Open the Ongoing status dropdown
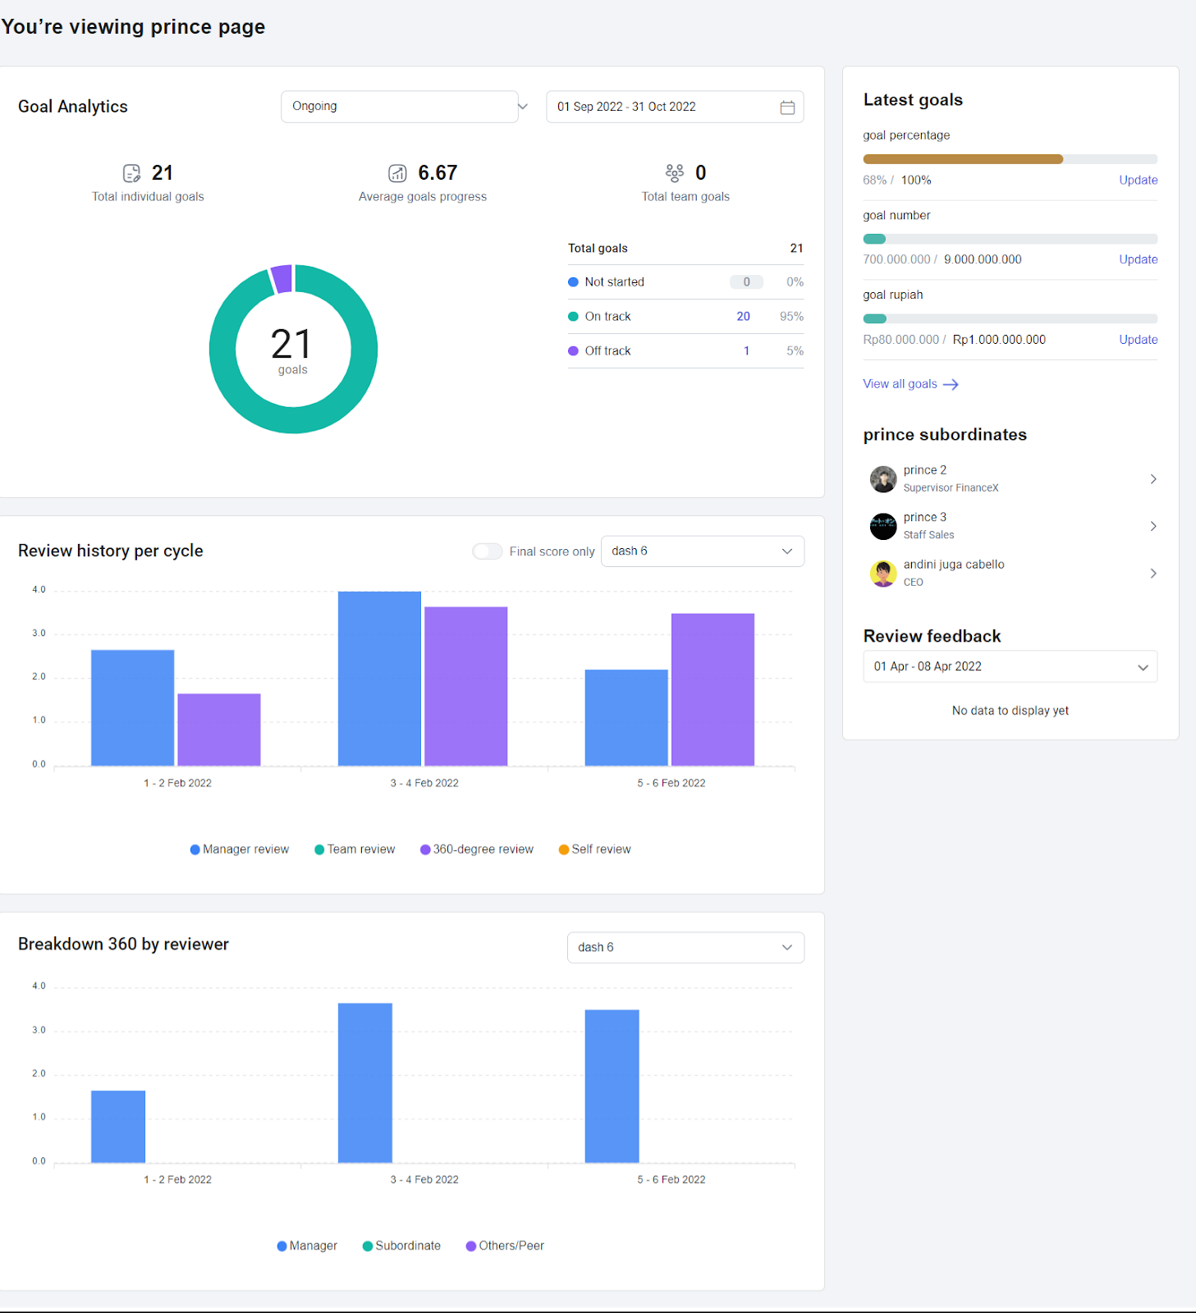click(x=400, y=107)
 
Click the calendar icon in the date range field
click(x=786, y=108)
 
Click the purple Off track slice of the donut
click(x=282, y=279)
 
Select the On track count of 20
click(x=743, y=317)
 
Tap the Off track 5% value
click(x=794, y=351)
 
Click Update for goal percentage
click(x=1138, y=181)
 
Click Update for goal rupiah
click(x=1138, y=340)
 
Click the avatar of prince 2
click(x=883, y=479)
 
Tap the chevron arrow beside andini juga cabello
click(x=1152, y=574)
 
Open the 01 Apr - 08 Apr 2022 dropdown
click(x=1010, y=667)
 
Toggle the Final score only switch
click(x=488, y=551)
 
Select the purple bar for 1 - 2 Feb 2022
click(x=219, y=730)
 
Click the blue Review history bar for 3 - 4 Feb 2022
click(x=379, y=679)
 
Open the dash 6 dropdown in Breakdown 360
click(x=685, y=948)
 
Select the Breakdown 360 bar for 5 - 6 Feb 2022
click(x=612, y=1086)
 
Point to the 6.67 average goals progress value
click(x=437, y=173)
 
